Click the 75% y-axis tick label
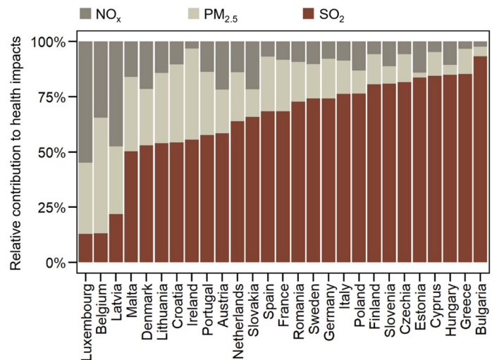point(56,97)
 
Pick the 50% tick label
point(56,152)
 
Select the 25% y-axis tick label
point(56,207)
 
